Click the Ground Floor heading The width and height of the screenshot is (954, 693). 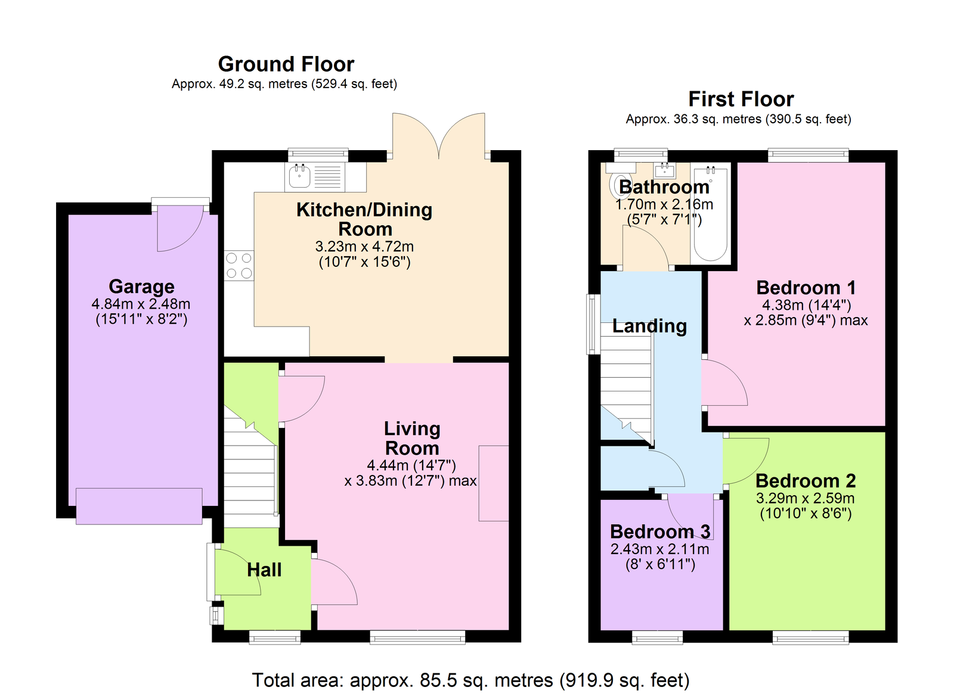(x=286, y=64)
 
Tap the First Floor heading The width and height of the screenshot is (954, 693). (x=741, y=99)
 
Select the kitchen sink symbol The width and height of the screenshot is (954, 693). (x=299, y=176)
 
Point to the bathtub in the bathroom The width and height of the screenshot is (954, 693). (x=710, y=215)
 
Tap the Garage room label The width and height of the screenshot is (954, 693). (x=141, y=287)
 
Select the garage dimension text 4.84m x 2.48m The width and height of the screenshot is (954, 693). (x=141, y=304)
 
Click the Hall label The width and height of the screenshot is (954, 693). (x=264, y=570)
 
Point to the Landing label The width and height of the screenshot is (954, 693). (x=649, y=326)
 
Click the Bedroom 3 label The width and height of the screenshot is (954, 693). (x=660, y=532)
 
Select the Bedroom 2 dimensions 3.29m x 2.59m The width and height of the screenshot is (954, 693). (x=805, y=498)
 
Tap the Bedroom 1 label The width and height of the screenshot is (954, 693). (x=806, y=288)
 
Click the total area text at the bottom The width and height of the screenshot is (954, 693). (x=470, y=680)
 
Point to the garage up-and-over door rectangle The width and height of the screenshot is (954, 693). (x=139, y=506)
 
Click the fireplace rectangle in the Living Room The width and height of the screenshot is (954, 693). (x=494, y=483)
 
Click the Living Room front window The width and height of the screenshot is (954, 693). (x=417, y=638)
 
